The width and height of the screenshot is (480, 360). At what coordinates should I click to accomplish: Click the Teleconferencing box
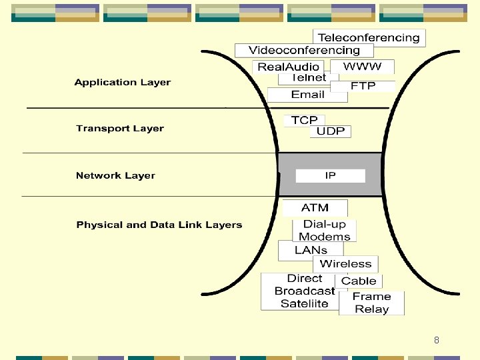[x=369, y=38]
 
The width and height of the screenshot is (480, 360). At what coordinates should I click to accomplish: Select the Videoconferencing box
[x=304, y=51]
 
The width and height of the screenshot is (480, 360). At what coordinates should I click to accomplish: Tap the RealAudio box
[x=289, y=67]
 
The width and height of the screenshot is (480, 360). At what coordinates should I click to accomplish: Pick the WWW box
[x=363, y=67]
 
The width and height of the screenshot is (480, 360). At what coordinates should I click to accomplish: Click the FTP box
[x=363, y=86]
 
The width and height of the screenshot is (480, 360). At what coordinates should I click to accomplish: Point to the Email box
[x=307, y=95]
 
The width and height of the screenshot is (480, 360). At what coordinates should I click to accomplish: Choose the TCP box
[x=305, y=120]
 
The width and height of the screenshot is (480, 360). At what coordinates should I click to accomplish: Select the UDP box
[x=331, y=131]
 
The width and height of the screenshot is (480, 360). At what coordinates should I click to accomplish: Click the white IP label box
[x=331, y=176]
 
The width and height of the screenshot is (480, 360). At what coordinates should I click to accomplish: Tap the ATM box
[x=315, y=208]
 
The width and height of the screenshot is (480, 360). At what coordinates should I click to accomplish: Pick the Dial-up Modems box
[x=325, y=231]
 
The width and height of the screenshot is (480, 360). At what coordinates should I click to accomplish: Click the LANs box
[x=311, y=251]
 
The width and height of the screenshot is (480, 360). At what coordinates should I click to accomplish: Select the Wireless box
[x=345, y=264]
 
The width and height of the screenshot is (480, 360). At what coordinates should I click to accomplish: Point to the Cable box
[x=359, y=281]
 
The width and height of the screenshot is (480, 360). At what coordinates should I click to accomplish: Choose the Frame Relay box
[x=371, y=303]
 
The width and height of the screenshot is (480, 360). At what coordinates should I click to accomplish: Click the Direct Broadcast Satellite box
[x=304, y=291]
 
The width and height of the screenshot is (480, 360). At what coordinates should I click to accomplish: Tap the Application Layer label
[x=123, y=83]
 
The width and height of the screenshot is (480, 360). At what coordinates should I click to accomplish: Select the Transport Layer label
[x=120, y=129]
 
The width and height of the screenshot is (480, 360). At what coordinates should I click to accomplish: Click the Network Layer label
[x=115, y=176]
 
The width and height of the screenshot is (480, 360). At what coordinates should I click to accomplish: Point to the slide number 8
[x=436, y=340]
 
